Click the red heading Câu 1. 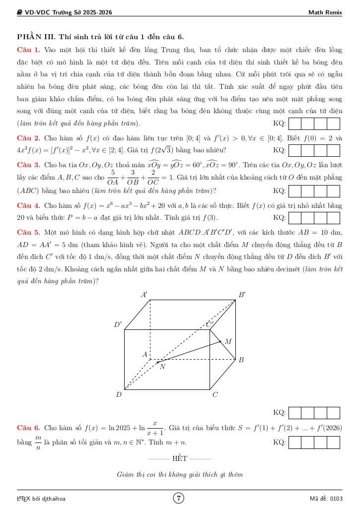29,50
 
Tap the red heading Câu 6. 29,428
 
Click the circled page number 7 179,498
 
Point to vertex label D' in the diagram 118,325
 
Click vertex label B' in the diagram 242,295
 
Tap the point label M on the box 228,341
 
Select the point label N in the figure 162,367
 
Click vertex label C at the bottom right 215,395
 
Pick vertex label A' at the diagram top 144,295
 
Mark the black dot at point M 220,341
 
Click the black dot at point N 158,362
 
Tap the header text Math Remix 325,12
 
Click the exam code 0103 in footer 336,498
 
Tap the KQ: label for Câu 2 280,150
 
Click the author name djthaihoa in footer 52,498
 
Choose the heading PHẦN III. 36,37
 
